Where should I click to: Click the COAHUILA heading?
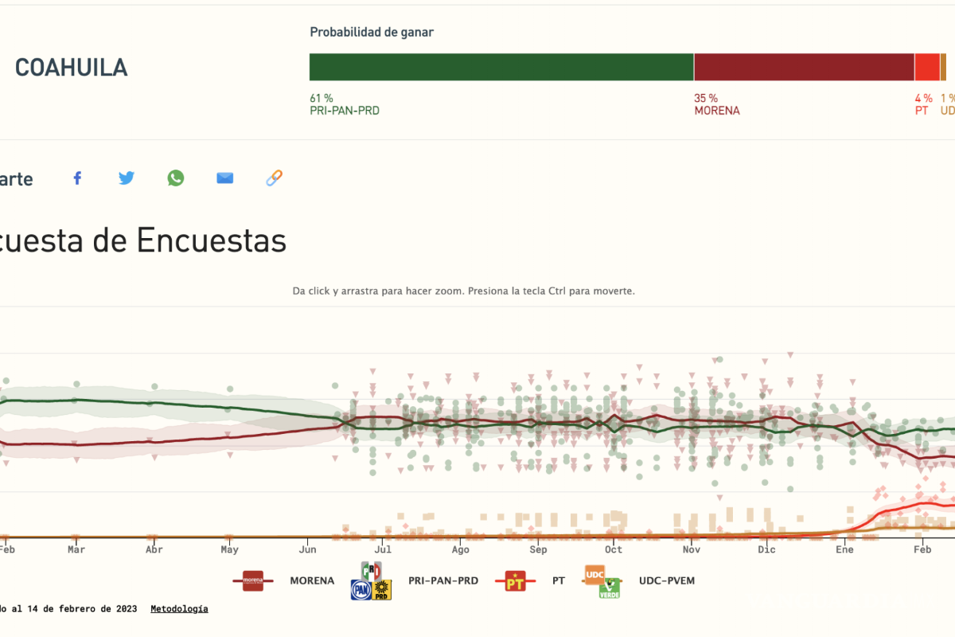[71, 68]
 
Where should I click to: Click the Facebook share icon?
[77, 178]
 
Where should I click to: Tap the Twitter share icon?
[127, 178]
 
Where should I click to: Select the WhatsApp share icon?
[176, 178]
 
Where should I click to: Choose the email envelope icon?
[225, 178]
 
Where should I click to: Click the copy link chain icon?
[274, 178]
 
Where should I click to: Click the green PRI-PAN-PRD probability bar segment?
[501, 67]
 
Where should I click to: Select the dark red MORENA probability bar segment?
[804, 67]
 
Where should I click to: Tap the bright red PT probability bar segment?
[926, 67]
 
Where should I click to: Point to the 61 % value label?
[322, 98]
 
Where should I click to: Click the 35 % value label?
[706, 98]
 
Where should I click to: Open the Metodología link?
[179, 608]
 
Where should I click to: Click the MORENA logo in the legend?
[253, 580]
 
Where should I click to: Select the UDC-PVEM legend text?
[666, 580]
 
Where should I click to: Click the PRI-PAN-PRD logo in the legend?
[372, 581]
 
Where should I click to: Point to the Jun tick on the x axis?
[308, 549]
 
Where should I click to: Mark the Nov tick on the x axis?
[691, 549]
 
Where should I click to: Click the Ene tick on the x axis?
[844, 549]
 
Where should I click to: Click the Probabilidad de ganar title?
[372, 33]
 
